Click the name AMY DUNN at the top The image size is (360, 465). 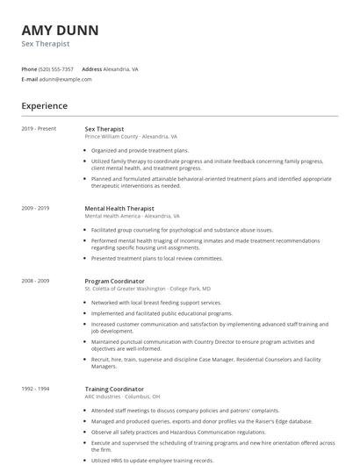[x=60, y=30]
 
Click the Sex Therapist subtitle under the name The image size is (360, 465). [x=46, y=44]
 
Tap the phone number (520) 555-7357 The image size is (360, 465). [x=57, y=68]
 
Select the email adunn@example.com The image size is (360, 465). [x=66, y=79]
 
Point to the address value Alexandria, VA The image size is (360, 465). [x=121, y=68]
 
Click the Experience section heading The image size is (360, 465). [x=44, y=106]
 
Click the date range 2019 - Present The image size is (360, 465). [x=39, y=128]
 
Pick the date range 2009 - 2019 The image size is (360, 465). [x=35, y=208]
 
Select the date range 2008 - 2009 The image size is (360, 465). [x=35, y=281]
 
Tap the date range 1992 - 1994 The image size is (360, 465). [x=35, y=389]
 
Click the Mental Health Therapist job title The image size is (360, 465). [x=119, y=208]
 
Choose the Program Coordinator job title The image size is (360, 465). [x=115, y=281]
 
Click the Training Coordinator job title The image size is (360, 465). [x=114, y=389]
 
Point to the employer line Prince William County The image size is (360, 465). [x=131, y=137]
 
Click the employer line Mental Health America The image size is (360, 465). [x=133, y=216]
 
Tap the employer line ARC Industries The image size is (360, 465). [x=122, y=397]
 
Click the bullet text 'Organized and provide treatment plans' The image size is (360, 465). [x=140, y=151]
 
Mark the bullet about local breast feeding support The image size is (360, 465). [x=156, y=302]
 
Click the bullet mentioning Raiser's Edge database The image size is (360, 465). [x=202, y=420]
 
